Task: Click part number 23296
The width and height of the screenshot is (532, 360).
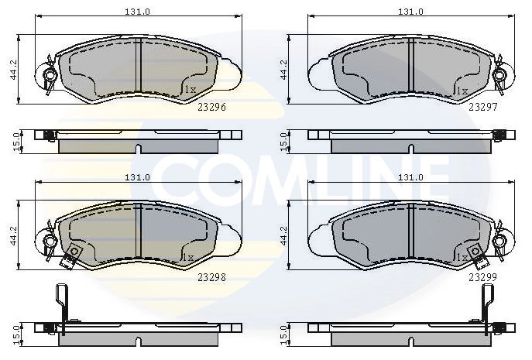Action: [x=211, y=107]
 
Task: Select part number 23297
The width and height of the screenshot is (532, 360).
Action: [x=482, y=107]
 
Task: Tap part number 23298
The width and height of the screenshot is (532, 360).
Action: [x=211, y=277]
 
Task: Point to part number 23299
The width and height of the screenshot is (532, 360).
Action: [x=482, y=277]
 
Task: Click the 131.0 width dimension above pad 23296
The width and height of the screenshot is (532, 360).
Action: [x=137, y=12]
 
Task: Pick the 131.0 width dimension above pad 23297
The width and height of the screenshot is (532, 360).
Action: [x=410, y=12]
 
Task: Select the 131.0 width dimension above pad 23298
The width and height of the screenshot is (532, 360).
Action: [x=137, y=177]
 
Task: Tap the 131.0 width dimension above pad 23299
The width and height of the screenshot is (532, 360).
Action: [x=410, y=177]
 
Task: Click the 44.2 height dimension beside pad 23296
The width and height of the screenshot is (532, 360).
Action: [x=14, y=70]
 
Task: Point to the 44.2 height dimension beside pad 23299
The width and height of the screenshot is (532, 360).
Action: [x=283, y=235]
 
